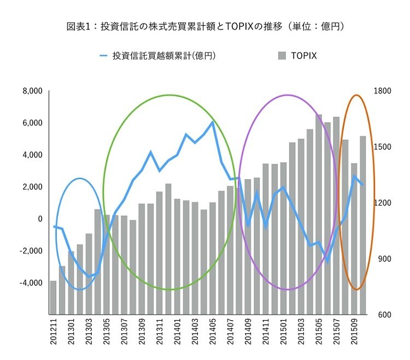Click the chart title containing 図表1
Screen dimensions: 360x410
(x=204, y=26)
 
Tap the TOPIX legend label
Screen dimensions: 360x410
(x=303, y=55)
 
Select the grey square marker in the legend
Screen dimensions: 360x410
(x=282, y=55)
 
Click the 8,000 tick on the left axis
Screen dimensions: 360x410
(x=32, y=91)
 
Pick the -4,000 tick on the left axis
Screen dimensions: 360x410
(x=31, y=283)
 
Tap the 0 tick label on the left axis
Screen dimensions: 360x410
(x=40, y=219)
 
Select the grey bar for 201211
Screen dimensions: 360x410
(x=54, y=298)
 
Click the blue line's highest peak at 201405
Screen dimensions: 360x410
(x=213, y=122)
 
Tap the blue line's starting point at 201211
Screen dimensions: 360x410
(x=54, y=226)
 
